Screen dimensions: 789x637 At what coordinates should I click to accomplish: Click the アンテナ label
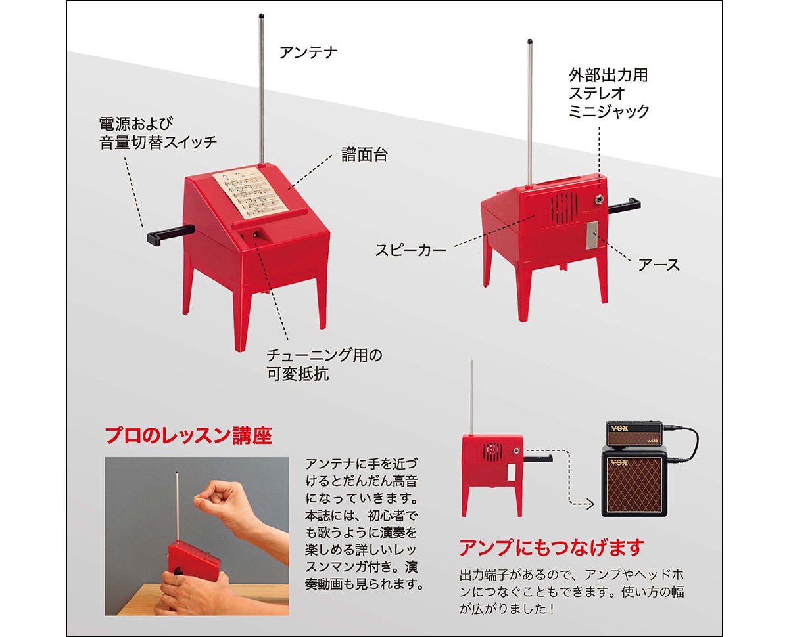point(308,53)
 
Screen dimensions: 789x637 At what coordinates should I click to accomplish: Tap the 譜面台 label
point(364,154)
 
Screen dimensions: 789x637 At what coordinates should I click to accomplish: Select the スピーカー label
point(411,251)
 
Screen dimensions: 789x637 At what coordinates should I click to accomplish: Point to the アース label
point(659,265)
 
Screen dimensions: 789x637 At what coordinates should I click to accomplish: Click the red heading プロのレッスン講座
point(189,435)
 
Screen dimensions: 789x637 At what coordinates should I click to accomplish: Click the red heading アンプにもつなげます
point(552,548)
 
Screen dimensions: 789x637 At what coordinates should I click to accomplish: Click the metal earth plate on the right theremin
point(592,235)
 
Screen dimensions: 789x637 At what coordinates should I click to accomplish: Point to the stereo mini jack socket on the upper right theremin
point(599,200)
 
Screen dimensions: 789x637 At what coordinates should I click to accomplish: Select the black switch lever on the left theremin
point(170,234)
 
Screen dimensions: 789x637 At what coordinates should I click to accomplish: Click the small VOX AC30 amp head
point(634,433)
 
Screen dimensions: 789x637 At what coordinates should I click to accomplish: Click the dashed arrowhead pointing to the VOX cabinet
point(590,504)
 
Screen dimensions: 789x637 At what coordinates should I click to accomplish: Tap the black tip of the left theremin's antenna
point(261,16)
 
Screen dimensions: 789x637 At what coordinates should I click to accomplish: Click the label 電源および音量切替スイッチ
point(158,133)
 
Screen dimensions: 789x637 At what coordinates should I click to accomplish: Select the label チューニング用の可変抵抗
point(324,364)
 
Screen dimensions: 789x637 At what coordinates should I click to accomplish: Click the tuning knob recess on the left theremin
point(255,235)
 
